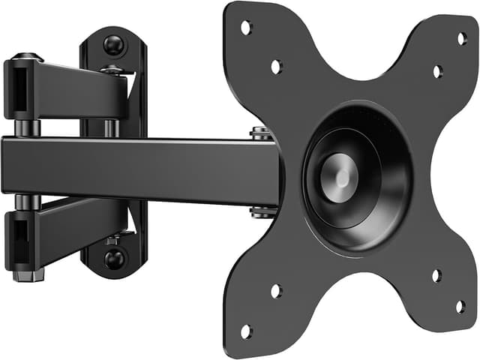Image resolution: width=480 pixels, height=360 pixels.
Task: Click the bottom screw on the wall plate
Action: [x=114, y=258]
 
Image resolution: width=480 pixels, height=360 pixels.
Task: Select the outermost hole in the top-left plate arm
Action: [x=245, y=28]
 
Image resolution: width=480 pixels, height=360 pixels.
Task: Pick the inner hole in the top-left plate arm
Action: [x=276, y=66]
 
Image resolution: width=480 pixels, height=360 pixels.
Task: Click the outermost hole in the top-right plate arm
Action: [x=462, y=37]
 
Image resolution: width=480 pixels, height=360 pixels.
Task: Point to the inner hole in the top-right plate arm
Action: [x=437, y=71]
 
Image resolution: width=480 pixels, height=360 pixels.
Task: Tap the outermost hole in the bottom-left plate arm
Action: [x=245, y=331]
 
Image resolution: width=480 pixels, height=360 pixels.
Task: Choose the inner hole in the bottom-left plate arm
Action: [x=276, y=290]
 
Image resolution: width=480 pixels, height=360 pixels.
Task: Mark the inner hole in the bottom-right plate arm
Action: [x=436, y=275]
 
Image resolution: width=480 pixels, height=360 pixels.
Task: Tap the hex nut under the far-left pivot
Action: [x=27, y=275]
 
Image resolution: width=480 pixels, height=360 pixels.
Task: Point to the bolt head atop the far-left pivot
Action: [x=27, y=57]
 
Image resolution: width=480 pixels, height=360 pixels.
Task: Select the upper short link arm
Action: [x=75, y=88]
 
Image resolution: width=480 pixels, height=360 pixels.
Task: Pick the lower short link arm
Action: [x=75, y=232]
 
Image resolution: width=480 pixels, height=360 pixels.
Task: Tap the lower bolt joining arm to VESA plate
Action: [x=261, y=211]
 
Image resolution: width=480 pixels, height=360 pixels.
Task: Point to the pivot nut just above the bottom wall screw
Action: [x=112, y=240]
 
